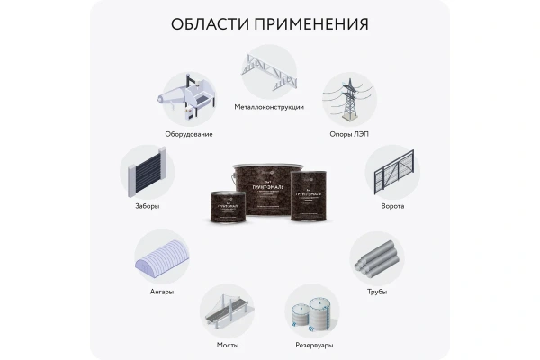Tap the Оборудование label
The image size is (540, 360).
188,134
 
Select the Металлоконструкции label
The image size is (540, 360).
269,107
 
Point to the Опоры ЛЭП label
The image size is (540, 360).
350,134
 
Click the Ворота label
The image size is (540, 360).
392,206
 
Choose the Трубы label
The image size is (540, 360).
376,291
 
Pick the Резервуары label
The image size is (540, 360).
313,344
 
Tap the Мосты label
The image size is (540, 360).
227,344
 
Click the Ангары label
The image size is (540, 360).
162,291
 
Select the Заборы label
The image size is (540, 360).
148,206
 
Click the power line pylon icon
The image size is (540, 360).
349,98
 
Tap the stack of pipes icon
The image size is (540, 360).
376,257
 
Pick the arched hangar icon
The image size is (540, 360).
162,257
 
